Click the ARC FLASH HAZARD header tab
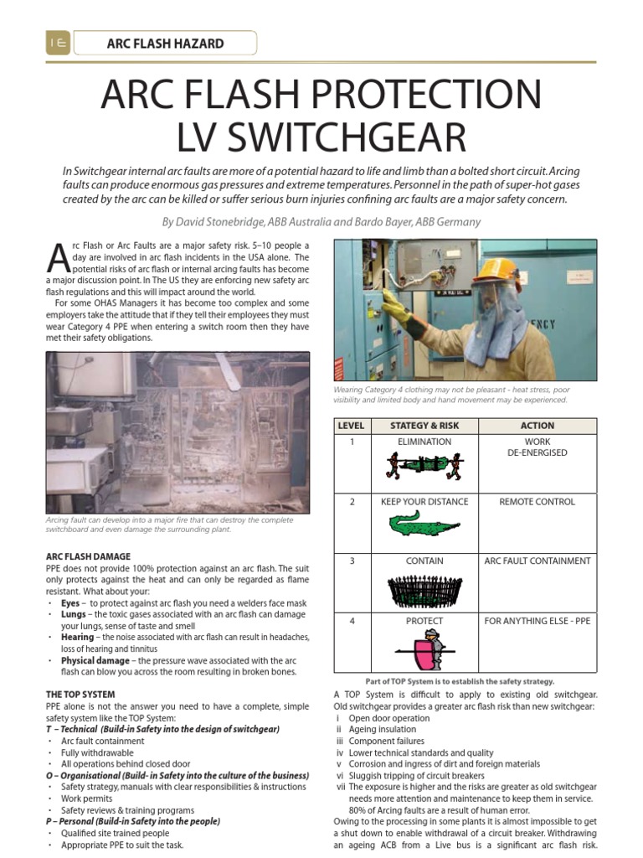(x=165, y=43)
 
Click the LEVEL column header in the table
(x=351, y=426)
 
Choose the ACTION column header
(x=537, y=426)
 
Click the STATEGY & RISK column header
(x=424, y=426)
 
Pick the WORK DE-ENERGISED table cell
(x=537, y=447)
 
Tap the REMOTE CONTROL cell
(x=537, y=502)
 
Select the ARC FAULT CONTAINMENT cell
(x=537, y=561)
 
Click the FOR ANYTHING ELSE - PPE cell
(x=537, y=621)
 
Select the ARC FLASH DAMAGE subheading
(x=88, y=556)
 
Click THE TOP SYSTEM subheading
(x=80, y=695)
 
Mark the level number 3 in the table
(x=352, y=561)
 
